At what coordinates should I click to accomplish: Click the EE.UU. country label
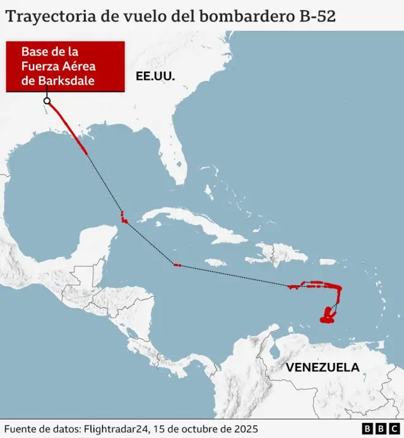click(154, 76)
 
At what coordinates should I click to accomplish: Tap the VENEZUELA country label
click(322, 367)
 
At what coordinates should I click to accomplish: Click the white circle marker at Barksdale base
click(47, 100)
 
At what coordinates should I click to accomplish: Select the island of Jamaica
click(215, 262)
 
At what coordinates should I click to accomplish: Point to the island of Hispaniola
click(278, 253)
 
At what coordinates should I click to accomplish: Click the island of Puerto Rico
click(328, 262)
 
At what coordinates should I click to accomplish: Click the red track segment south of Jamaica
click(177, 265)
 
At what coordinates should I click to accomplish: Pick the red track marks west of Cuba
click(124, 219)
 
